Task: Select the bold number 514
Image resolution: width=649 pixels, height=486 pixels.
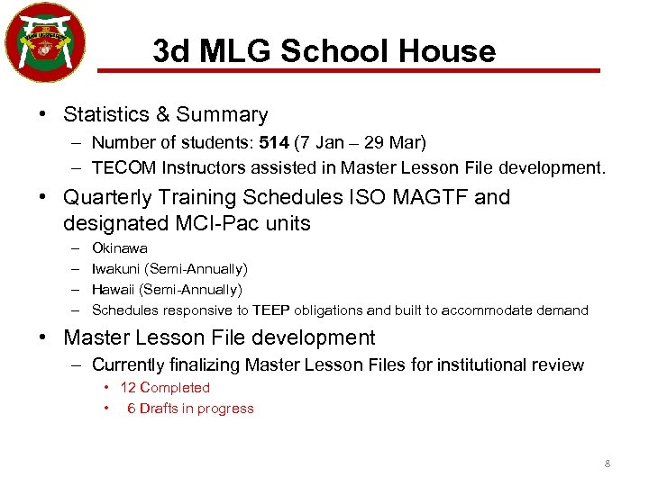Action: click(x=274, y=142)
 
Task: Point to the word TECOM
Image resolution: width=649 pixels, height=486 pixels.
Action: click(x=119, y=166)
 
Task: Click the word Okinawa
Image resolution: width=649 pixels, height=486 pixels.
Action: click(x=120, y=247)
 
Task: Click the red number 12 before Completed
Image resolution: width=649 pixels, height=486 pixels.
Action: click(x=128, y=388)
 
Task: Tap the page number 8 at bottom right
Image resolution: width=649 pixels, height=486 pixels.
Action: click(x=607, y=463)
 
